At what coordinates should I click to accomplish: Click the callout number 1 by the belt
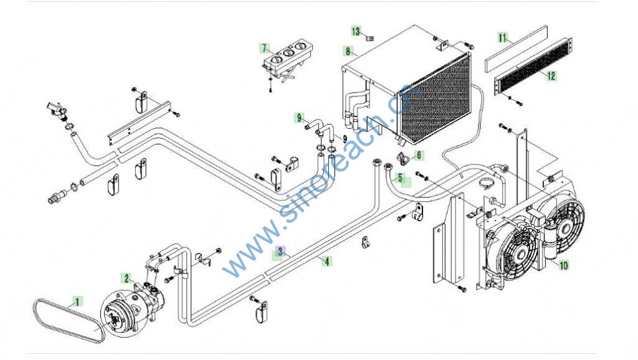point(78,302)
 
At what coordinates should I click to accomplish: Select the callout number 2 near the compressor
point(126,278)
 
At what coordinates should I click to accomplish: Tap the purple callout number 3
point(281,252)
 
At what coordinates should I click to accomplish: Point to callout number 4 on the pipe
point(326,261)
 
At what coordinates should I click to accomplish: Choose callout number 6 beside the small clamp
point(418,155)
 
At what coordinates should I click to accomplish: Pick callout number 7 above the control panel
point(264,48)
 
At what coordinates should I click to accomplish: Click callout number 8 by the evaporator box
point(347,50)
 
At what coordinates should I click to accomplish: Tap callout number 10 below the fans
point(563,265)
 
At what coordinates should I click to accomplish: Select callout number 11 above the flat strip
point(503,37)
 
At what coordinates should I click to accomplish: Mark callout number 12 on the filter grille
point(551,76)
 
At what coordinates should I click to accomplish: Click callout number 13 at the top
point(356,31)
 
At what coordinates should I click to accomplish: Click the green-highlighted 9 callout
point(300,117)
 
